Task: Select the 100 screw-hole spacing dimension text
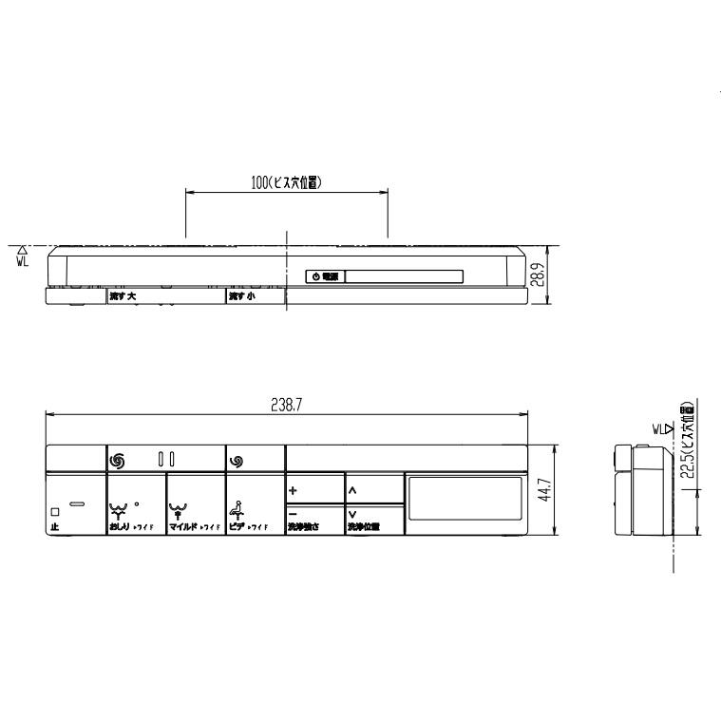pyautogui.click(x=286, y=183)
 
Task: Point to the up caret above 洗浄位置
pyautogui.click(x=352, y=491)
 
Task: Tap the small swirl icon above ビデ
pyautogui.click(x=236, y=460)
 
